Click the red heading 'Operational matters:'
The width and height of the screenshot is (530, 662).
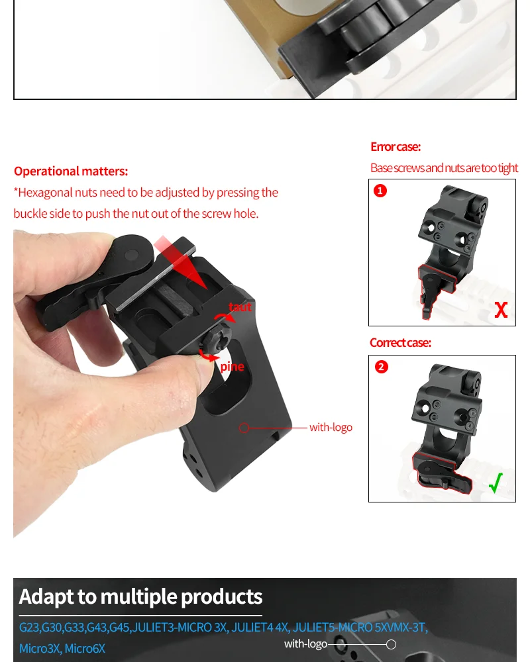[71, 171]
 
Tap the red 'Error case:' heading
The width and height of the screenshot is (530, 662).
[395, 146]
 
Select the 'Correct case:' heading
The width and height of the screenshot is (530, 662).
[400, 342]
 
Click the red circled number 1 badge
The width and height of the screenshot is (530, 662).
[380, 191]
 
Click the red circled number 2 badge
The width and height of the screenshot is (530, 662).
[381, 367]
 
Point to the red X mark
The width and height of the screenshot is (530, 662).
[501, 310]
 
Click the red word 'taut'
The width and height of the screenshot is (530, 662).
[240, 307]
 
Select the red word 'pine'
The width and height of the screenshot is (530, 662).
[232, 367]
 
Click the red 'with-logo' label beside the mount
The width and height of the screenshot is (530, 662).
[331, 427]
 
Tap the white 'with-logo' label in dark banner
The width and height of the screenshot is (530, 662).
[305, 644]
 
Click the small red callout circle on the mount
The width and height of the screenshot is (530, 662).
[244, 428]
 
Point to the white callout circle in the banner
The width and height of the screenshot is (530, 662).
[391, 644]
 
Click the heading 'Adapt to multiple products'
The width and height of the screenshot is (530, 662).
[140, 596]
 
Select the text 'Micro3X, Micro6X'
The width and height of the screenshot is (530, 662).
[62, 648]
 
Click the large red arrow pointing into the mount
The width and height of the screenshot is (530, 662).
[182, 264]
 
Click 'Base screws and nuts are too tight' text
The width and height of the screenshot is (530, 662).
[444, 167]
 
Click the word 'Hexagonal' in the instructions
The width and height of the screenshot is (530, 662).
[45, 193]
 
